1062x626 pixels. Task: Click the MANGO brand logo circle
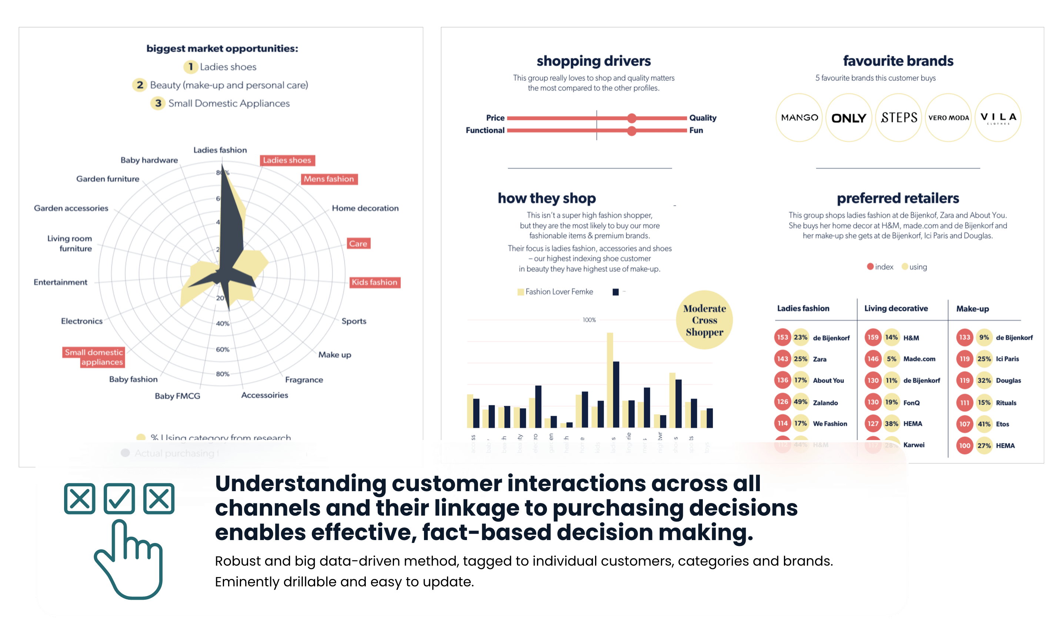tap(799, 118)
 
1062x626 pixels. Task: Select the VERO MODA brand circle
tap(948, 118)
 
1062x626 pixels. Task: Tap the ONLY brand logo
tap(848, 118)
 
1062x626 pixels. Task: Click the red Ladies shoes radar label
tap(287, 160)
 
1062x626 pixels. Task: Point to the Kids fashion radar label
tap(374, 282)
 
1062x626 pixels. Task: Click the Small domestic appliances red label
tap(94, 357)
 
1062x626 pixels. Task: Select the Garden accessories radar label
tap(71, 208)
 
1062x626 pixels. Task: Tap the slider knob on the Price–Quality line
tap(631, 118)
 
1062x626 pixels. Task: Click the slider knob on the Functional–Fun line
tap(631, 131)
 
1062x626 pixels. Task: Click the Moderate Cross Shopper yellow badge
tap(704, 320)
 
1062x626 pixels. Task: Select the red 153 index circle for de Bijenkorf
tap(782, 337)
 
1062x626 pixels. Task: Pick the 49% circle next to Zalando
tap(800, 402)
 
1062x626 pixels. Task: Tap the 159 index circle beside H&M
tap(873, 337)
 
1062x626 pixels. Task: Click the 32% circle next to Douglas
tap(983, 380)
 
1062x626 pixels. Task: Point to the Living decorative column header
tap(896, 308)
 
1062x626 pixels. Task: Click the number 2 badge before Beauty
tap(140, 85)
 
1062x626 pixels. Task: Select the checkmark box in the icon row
tap(119, 499)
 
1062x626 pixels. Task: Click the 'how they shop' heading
tap(547, 198)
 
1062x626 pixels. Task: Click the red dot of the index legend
tap(870, 267)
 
